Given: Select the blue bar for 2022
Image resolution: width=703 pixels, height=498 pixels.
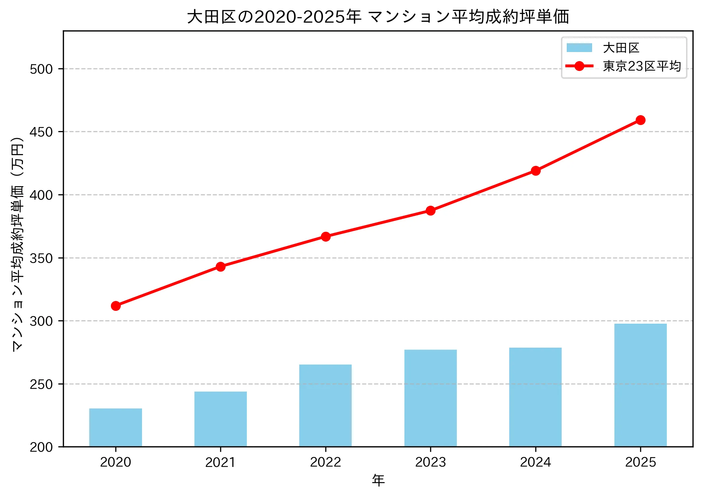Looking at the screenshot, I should pyautogui.click(x=325, y=405).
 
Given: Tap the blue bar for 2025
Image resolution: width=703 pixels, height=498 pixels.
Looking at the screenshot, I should pyautogui.click(x=640, y=385).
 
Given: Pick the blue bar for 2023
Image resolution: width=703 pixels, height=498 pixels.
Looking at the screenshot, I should pyautogui.click(x=430, y=398).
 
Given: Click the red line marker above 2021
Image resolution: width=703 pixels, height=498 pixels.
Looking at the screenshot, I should pyautogui.click(x=220, y=267).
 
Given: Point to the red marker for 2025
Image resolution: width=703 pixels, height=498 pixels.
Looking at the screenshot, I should pyautogui.click(x=640, y=120).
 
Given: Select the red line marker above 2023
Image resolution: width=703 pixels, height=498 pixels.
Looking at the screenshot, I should pyautogui.click(x=430, y=210).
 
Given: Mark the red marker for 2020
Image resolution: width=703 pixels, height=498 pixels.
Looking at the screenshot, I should pyautogui.click(x=116, y=306).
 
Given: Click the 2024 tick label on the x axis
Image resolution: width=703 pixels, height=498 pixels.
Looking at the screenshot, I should pyautogui.click(x=535, y=462).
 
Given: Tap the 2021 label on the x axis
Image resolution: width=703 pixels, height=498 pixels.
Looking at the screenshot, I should pyautogui.click(x=220, y=462).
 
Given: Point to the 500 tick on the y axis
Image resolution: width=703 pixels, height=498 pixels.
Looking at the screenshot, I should pyautogui.click(x=41, y=69).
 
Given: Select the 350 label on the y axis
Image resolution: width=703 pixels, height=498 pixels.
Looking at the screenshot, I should pyautogui.click(x=41, y=258).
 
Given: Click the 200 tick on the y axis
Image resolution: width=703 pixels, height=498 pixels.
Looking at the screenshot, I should pyautogui.click(x=41, y=447).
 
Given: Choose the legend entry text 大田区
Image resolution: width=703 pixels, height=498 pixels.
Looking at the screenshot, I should pyautogui.click(x=621, y=48).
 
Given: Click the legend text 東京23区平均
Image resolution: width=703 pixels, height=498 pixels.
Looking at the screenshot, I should pyautogui.click(x=641, y=66).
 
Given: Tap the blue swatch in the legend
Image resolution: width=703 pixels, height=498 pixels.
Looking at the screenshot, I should pyautogui.click(x=579, y=48).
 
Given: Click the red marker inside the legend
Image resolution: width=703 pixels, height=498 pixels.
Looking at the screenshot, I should pyautogui.click(x=579, y=66).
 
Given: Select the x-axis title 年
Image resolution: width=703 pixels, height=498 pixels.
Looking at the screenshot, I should pyautogui.click(x=378, y=480).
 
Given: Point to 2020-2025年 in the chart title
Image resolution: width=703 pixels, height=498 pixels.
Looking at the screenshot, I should pyautogui.click(x=308, y=17).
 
